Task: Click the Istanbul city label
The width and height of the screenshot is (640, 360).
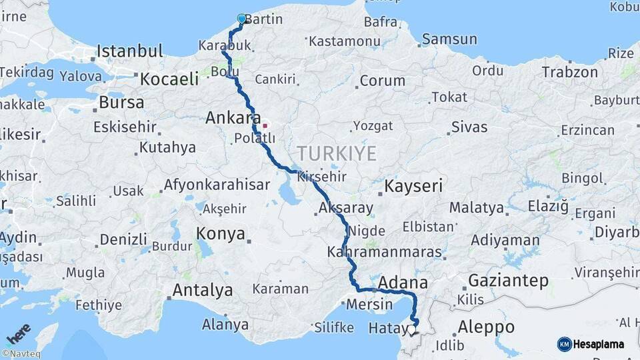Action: point(130,51)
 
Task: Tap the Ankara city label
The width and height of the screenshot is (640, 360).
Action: point(233,118)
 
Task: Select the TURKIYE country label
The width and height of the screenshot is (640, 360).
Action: point(337,154)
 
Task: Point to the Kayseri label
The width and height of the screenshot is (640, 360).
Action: point(414,186)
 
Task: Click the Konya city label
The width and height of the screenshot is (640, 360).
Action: point(221,233)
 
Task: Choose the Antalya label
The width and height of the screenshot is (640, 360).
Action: point(203,291)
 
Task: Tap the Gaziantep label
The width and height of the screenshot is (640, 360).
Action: point(508,280)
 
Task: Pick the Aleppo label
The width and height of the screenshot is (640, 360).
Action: point(486,327)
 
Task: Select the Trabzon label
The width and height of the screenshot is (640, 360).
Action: point(569,72)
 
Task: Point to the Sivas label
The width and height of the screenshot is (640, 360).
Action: point(469,127)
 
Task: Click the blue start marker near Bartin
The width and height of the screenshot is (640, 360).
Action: point(241,19)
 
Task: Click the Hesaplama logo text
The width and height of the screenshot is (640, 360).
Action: point(599,344)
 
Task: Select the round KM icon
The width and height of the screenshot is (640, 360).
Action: point(564,344)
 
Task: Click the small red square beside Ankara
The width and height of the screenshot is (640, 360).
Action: point(265,125)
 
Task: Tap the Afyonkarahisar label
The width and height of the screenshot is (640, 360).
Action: point(217,185)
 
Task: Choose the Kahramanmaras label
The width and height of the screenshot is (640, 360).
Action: point(385,253)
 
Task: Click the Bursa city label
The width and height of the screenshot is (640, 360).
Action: point(121,103)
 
